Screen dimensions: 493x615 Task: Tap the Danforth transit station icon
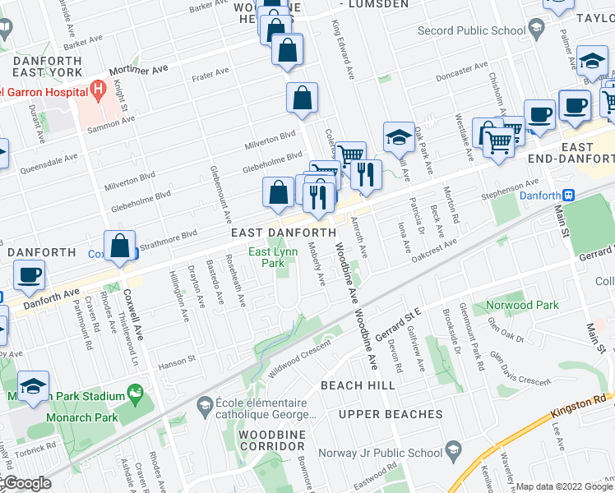coord(568,196)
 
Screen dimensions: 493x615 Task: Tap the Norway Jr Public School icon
coord(452,449)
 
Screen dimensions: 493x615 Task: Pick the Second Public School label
coord(471,31)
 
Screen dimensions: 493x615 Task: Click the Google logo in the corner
coord(26,482)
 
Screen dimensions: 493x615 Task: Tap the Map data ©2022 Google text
coord(564,486)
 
